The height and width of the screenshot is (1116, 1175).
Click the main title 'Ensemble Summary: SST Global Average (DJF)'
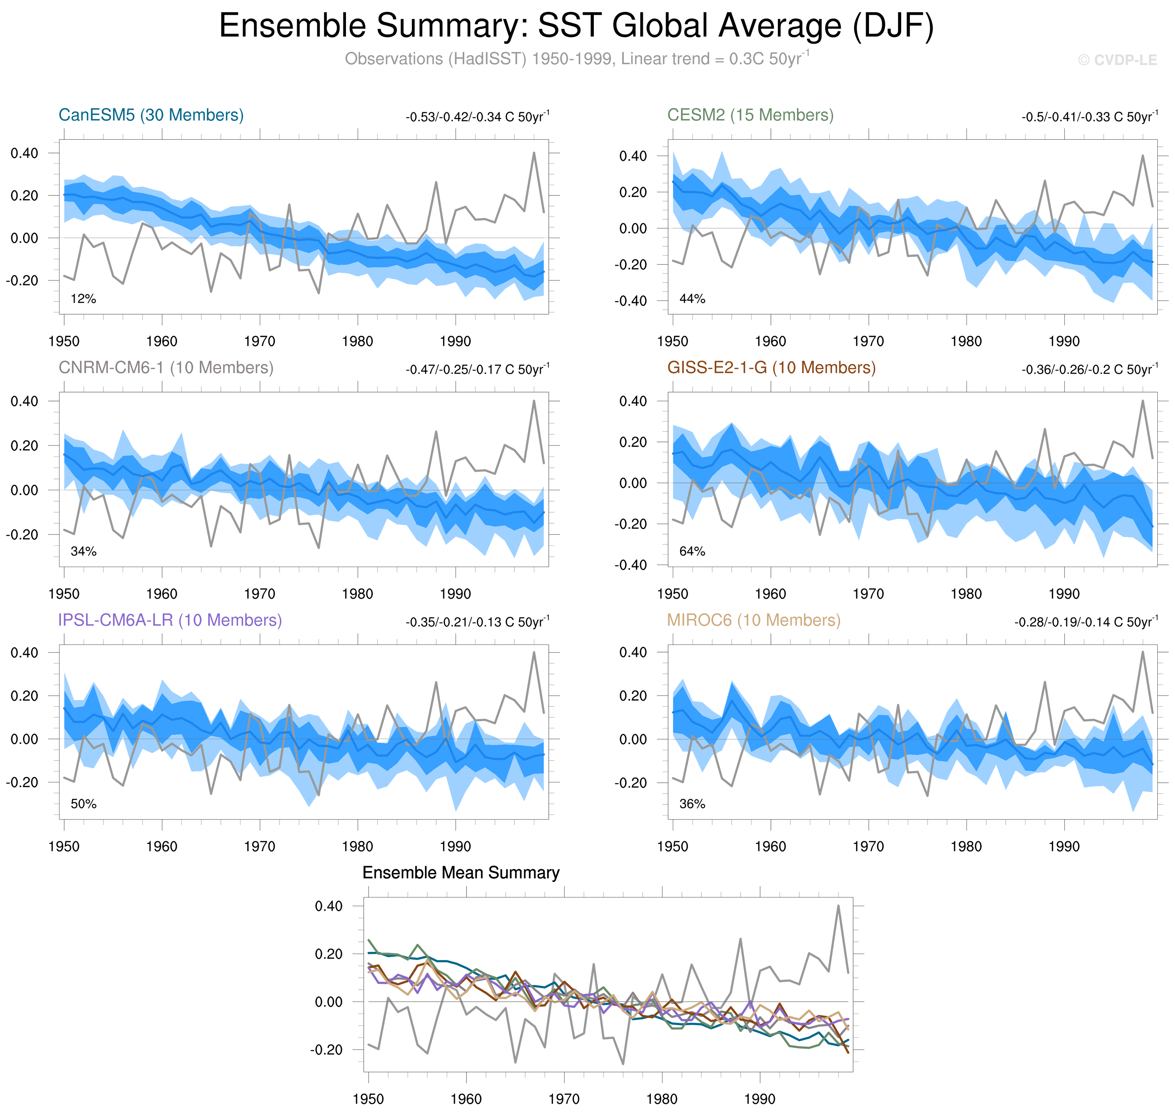point(576,26)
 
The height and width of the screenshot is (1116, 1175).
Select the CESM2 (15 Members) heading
point(750,115)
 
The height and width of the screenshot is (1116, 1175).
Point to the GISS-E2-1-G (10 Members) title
point(771,368)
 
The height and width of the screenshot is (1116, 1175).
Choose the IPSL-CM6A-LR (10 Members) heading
point(170,620)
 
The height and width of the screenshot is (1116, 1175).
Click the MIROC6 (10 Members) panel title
point(753,620)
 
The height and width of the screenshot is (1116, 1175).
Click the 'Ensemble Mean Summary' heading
point(460,873)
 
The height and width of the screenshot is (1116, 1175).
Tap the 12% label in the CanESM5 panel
point(83,299)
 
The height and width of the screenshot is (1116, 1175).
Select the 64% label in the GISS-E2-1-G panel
point(692,552)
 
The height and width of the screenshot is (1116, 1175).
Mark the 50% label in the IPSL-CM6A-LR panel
point(83,804)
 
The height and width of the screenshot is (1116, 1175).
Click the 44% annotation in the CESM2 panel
point(692,299)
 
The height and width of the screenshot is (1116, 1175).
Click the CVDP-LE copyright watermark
point(1117,60)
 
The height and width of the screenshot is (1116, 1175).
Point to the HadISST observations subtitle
point(576,59)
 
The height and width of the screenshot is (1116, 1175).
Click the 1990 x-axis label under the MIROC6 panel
point(1064,846)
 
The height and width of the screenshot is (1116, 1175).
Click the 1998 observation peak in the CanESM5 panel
point(534,153)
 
